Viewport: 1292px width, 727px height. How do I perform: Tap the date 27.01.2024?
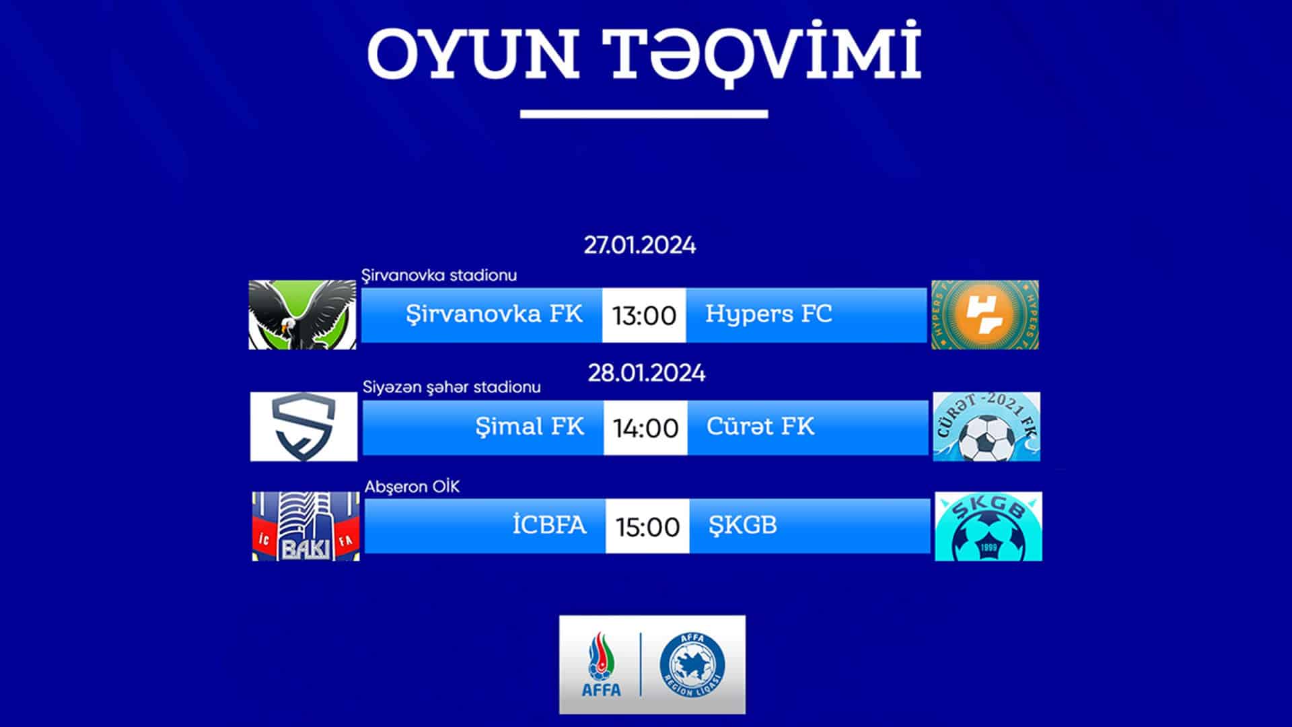(640, 245)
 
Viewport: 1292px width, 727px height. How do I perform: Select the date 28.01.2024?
(647, 373)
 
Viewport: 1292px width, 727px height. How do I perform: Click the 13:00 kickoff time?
(644, 316)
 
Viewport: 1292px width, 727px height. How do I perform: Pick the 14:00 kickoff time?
(645, 428)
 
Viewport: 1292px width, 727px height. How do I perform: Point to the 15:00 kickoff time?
(647, 527)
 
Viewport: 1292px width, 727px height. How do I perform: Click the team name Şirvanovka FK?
(494, 314)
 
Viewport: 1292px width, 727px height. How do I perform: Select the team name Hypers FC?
(768, 314)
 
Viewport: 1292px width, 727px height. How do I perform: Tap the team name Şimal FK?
(530, 427)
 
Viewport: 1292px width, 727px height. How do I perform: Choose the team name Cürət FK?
(760, 426)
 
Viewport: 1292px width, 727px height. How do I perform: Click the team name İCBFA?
(549, 524)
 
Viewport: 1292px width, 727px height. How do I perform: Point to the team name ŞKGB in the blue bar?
(743, 526)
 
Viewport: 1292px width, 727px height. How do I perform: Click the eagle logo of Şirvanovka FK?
(303, 315)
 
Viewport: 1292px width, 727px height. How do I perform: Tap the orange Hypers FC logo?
(985, 315)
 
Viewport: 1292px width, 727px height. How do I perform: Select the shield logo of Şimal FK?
(304, 427)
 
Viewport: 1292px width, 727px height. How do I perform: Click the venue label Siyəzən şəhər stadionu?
(452, 388)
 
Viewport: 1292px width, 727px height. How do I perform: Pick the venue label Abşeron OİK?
(412, 487)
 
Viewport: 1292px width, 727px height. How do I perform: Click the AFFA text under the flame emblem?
(602, 690)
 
